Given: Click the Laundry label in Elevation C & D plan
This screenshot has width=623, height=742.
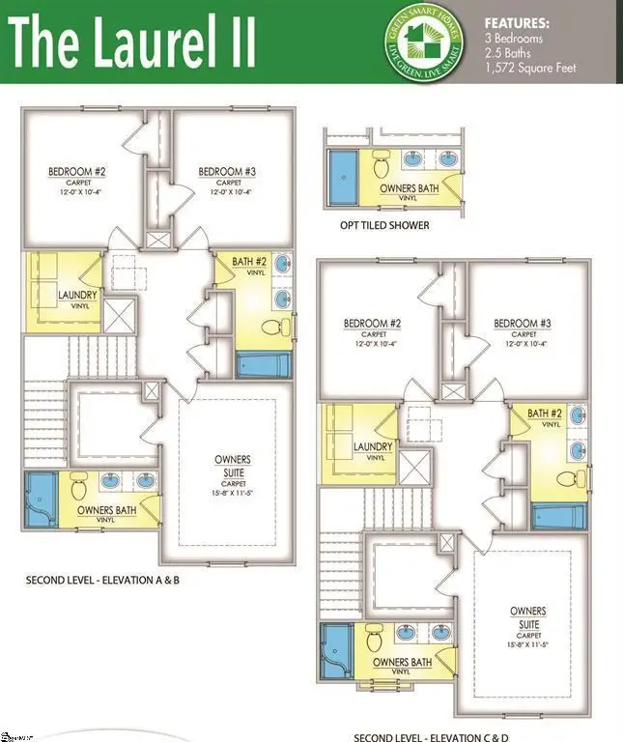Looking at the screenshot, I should point(372,446).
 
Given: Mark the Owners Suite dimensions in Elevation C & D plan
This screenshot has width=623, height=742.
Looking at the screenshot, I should point(527,644).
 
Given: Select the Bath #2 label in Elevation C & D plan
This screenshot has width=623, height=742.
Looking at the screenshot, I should point(544,414).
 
